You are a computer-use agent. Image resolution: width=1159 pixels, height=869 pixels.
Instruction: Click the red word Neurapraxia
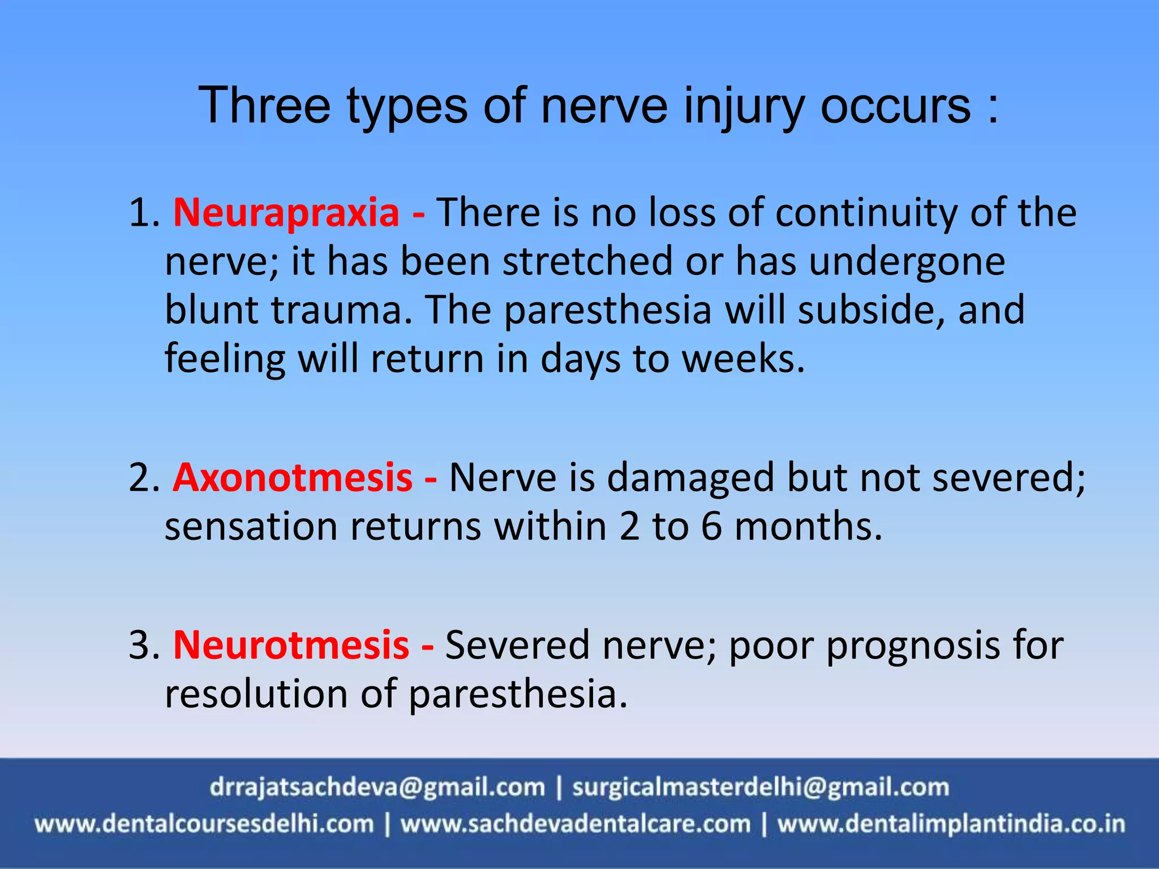click(286, 213)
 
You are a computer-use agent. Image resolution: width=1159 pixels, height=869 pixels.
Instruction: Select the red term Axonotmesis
click(293, 478)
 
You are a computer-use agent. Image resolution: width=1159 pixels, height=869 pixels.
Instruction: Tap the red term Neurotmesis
click(291, 645)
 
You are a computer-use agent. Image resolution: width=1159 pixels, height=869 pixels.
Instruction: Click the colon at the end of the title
click(993, 107)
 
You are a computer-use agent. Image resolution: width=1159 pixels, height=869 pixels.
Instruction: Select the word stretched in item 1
click(587, 262)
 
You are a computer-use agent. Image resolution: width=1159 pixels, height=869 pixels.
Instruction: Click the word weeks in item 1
click(742, 359)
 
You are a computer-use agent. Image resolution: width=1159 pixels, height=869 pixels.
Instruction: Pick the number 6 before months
click(711, 527)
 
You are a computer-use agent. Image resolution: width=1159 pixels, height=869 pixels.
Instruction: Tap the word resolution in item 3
click(256, 694)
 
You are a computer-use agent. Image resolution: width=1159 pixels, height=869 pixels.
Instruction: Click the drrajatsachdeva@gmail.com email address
click(377, 787)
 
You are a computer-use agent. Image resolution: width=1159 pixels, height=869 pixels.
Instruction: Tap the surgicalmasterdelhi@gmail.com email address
click(760, 787)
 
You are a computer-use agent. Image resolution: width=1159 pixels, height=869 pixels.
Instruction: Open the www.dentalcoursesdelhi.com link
click(204, 824)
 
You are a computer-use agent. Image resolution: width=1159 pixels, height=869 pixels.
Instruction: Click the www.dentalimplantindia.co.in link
click(951, 824)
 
